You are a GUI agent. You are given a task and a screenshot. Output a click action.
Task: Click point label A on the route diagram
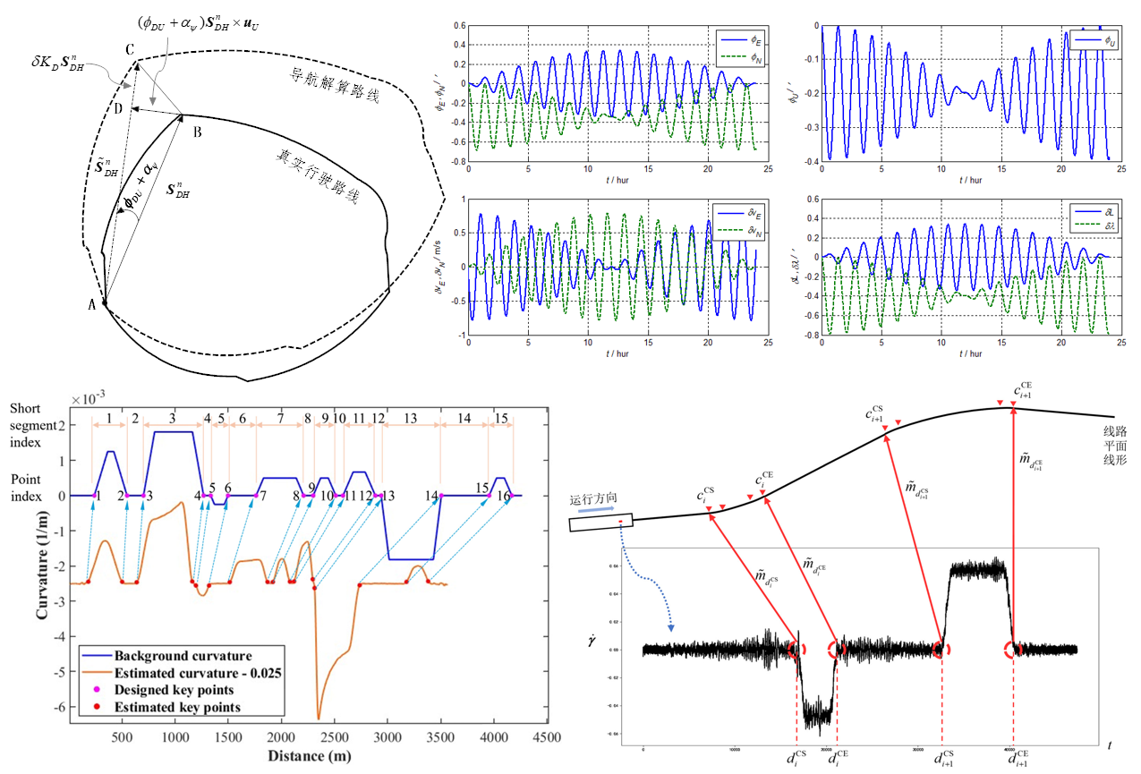[x=92, y=304]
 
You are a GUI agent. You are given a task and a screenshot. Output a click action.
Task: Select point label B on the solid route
[x=196, y=132]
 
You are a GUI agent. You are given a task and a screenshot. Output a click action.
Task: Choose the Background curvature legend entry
[x=182, y=656]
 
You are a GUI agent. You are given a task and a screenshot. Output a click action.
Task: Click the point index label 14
[x=432, y=497]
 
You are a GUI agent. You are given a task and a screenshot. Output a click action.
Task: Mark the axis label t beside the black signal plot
[x=1110, y=745]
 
